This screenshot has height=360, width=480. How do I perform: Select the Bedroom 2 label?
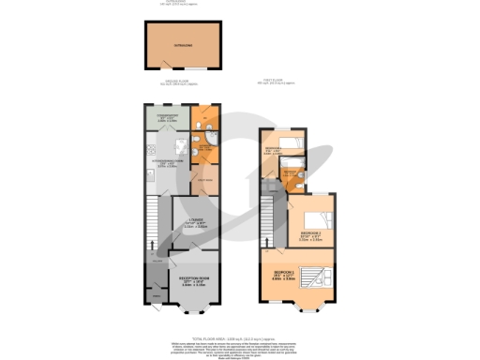tap(310, 234)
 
